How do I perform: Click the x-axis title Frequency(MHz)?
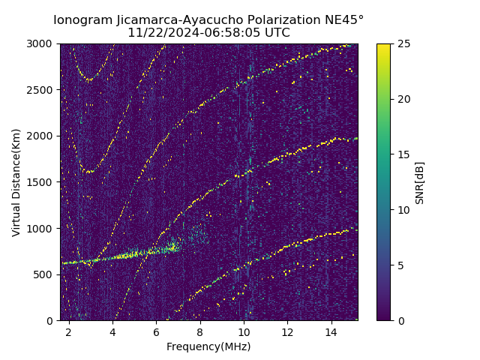tap(208, 346)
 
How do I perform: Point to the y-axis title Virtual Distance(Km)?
tap(16, 182)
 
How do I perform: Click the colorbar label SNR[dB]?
tap(420, 182)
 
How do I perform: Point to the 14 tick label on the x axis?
tap(331, 331)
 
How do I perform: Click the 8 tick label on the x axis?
tap(200, 331)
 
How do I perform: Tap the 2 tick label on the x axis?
tap(69, 331)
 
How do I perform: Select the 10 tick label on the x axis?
tap(244, 331)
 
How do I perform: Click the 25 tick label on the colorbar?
tap(402, 43)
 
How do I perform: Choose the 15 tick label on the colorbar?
tap(402, 154)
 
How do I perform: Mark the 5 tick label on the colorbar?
tap(400, 265)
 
